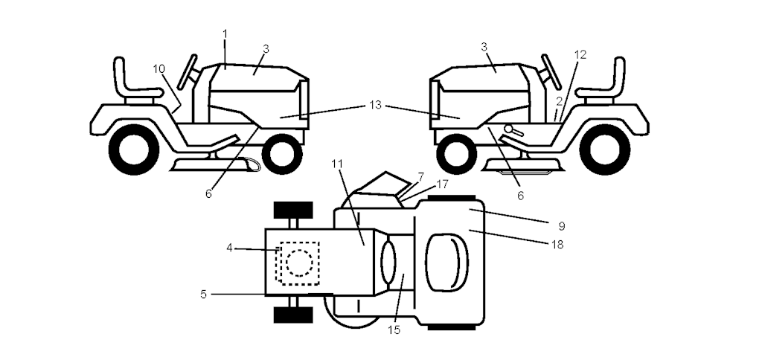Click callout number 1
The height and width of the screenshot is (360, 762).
click(x=225, y=33)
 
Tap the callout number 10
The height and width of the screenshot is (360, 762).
click(x=159, y=69)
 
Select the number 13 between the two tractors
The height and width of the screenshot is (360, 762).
click(x=375, y=104)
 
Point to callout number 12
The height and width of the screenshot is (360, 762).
click(x=580, y=55)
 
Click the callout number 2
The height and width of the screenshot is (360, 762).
click(x=560, y=101)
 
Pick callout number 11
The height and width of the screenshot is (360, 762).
click(x=337, y=164)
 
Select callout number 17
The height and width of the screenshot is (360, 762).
click(x=442, y=184)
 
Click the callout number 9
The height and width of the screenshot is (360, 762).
click(x=562, y=226)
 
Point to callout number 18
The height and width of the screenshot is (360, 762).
click(x=557, y=245)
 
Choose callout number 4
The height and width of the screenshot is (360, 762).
click(x=229, y=248)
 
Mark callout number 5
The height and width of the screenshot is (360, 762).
click(x=204, y=294)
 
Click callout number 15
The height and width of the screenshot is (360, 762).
click(x=394, y=330)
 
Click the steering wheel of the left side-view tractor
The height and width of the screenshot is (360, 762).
click(x=187, y=72)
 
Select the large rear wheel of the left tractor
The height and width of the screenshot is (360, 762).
click(x=134, y=150)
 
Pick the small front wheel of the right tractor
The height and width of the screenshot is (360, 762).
click(x=456, y=154)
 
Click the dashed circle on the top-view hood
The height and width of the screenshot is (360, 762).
click(x=298, y=263)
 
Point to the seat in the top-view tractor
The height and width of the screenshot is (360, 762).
click(x=446, y=263)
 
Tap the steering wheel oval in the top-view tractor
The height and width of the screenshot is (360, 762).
click(x=388, y=263)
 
